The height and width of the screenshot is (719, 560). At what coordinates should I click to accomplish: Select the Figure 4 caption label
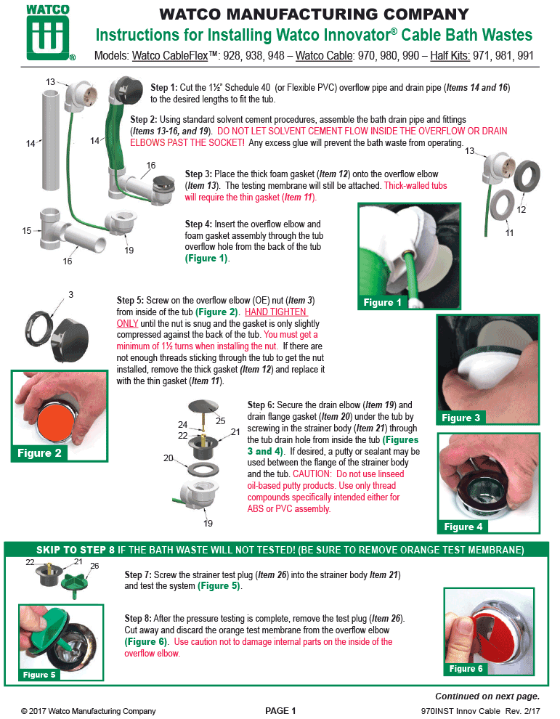pos(463,526)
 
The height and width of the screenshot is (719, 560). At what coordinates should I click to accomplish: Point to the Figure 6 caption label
pos(466,668)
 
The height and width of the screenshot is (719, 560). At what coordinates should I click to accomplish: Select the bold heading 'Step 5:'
pos(131,300)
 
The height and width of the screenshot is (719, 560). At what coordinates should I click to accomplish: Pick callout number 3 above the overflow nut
pos(71,294)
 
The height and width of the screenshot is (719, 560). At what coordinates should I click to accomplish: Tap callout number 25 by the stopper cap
pos(220,420)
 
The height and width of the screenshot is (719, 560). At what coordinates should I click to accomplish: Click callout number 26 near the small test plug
pos(94,566)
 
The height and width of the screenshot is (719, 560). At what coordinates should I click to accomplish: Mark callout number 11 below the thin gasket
pos(509,233)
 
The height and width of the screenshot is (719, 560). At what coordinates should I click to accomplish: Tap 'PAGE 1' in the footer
pos(280,710)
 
